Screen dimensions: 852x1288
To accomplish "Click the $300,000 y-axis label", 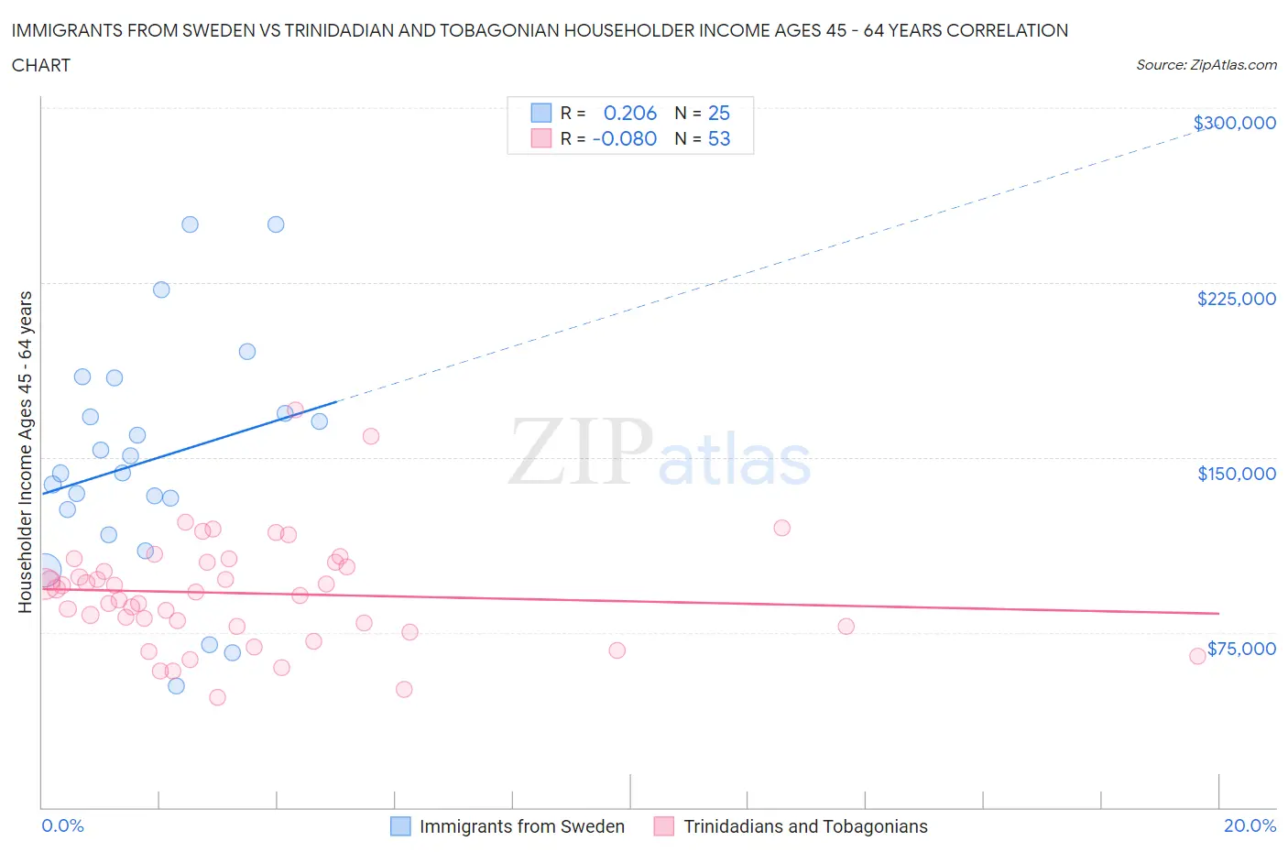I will (x=1234, y=123).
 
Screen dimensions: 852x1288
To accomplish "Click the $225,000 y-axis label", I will (x=1236, y=299).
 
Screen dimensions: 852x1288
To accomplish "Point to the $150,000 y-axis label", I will (x=1236, y=474).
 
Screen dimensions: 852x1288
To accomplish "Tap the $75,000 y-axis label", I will (x=1241, y=649).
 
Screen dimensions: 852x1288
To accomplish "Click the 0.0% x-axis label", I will (x=62, y=825).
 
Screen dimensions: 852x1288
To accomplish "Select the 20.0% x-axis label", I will (x=1250, y=825).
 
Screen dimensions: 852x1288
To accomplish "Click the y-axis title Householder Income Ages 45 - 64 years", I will (x=25, y=452).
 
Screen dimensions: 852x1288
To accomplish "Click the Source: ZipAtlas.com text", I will (x=1206, y=65).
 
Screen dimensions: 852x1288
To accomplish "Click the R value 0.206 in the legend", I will (x=630, y=113).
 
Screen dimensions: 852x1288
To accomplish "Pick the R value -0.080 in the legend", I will (x=625, y=138).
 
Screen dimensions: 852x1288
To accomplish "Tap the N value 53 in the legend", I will (x=719, y=138).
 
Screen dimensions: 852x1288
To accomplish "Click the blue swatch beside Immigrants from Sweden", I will (x=400, y=826).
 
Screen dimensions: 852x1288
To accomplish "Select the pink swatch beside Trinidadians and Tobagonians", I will (x=664, y=826).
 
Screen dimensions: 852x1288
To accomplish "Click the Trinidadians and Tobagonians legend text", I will (x=805, y=826).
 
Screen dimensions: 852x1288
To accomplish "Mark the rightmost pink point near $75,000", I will (x=1197, y=656).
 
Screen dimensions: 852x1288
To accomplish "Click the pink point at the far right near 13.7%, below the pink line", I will (x=846, y=627).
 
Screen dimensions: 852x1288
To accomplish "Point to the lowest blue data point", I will (x=176, y=685).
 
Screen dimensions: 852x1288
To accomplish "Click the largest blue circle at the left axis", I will (x=44, y=571).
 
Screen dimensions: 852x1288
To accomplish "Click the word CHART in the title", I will (x=41, y=65).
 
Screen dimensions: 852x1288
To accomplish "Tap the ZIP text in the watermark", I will (x=581, y=452).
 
